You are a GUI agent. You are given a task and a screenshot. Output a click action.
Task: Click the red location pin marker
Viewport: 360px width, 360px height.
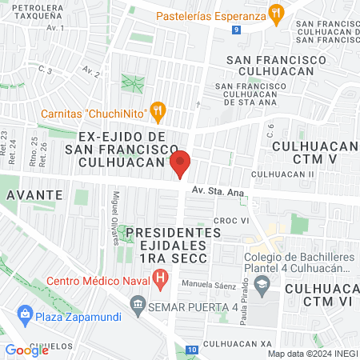tap(181, 163)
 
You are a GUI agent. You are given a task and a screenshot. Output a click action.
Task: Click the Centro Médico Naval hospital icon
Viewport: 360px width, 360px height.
tap(161, 280)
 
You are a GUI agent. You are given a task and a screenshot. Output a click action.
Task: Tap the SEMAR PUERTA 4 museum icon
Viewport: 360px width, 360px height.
tap(138, 304)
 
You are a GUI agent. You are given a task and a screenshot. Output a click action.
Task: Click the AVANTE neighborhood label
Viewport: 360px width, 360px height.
tap(34, 194)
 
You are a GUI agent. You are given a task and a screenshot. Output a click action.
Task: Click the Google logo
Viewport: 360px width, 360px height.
tap(26, 350)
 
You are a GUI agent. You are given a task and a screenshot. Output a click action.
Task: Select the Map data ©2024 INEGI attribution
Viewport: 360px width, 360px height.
tap(311, 353)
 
